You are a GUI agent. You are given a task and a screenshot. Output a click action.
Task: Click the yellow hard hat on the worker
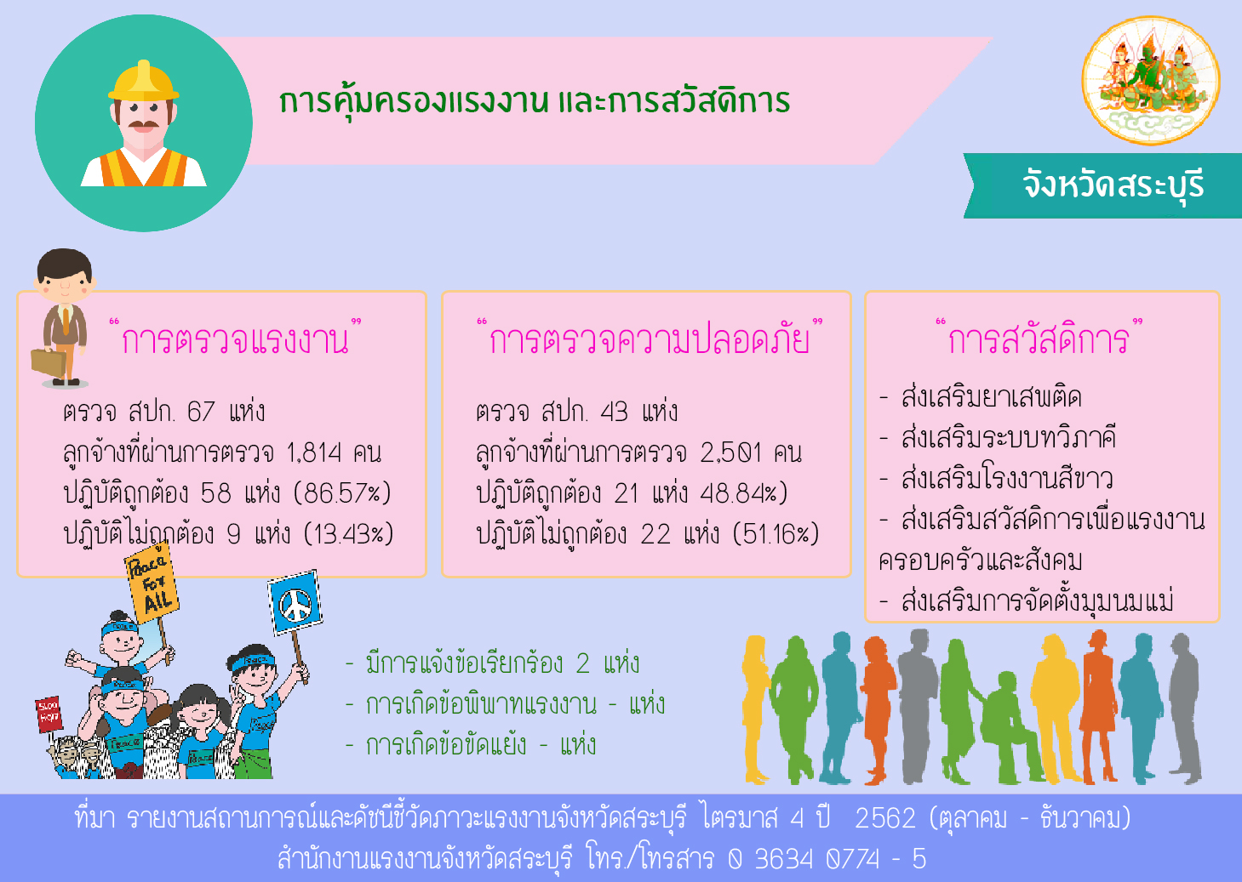pos(144,81)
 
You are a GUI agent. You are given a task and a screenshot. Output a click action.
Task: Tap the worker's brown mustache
pos(144,123)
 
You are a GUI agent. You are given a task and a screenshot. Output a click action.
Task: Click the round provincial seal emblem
pos(1151,80)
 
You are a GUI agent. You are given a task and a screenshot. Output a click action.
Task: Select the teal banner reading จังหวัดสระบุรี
pos(1102,185)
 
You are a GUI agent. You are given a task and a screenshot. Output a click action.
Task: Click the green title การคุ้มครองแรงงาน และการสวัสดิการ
pos(535,102)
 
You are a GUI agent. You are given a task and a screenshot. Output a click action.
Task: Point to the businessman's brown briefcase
pos(49,363)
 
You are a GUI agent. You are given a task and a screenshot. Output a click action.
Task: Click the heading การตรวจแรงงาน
pos(235,339)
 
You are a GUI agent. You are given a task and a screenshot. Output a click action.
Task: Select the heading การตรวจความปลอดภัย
pos(650,339)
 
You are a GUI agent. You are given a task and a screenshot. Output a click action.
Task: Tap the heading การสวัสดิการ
pos(1039,339)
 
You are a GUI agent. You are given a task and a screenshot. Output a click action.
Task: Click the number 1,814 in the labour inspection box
pos(314,453)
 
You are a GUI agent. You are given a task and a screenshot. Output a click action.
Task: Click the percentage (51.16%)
pos(776,534)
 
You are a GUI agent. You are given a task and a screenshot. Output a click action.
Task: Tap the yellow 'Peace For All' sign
pos(152,583)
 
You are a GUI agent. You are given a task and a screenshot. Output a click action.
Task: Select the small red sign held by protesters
pos(49,714)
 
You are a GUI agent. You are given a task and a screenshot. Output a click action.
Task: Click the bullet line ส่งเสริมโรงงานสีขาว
pos(996,478)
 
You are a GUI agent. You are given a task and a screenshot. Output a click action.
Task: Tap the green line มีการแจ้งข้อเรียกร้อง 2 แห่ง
pos(492,663)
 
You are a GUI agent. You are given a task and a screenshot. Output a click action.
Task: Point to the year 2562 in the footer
pos(885,818)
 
